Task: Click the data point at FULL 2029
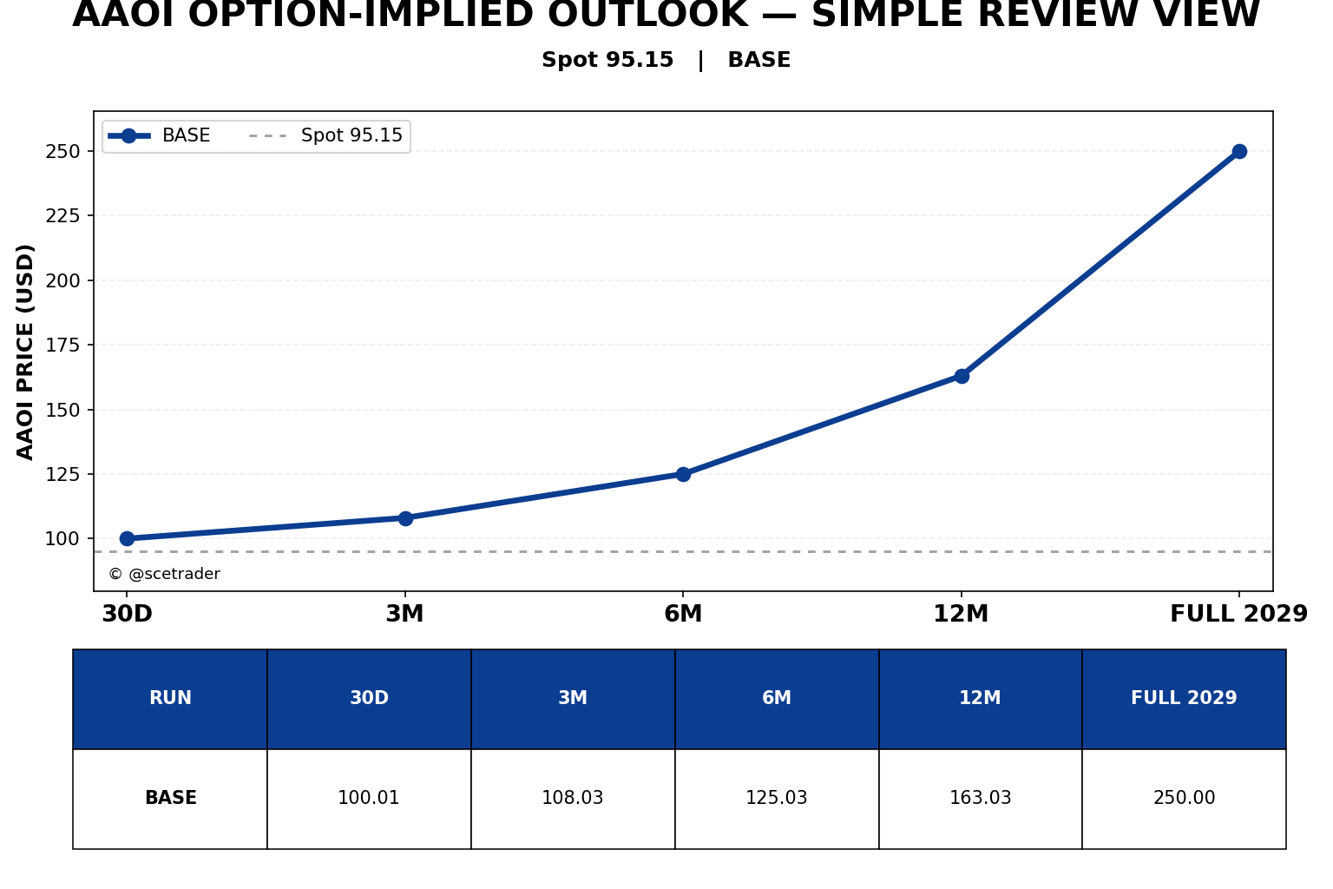coord(1239,151)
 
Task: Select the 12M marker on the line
coord(961,376)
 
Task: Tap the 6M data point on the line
coord(683,474)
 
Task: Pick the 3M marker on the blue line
coord(405,518)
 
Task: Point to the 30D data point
coord(127,538)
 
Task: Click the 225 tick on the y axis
coord(62,215)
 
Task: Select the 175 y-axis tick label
coord(62,345)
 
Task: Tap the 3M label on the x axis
coord(404,613)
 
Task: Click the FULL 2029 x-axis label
coord(1238,613)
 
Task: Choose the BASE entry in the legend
coord(158,135)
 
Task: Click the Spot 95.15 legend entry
coord(326,135)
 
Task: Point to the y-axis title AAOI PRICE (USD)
coord(25,352)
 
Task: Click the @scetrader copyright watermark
coord(164,573)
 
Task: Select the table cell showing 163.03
coord(980,797)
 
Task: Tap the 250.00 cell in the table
coord(1184,797)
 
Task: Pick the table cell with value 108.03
coord(573,797)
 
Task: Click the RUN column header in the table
coord(170,698)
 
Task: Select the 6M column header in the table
coord(777,698)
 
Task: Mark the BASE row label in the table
coord(171,797)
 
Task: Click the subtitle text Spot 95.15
coord(607,60)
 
